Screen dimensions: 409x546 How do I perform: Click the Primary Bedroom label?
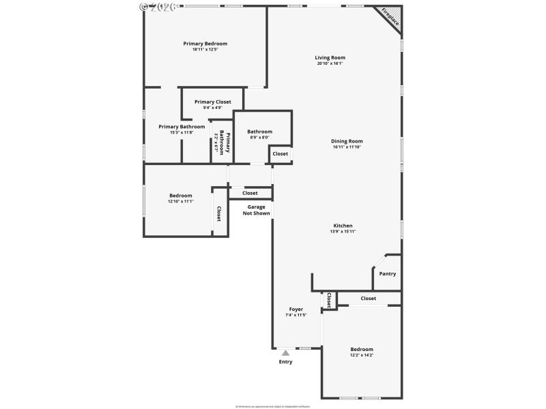click(x=205, y=44)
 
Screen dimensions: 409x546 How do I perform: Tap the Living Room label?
click(x=330, y=57)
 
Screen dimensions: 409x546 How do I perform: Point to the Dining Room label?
click(x=347, y=141)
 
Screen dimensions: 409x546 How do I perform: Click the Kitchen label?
click(x=343, y=226)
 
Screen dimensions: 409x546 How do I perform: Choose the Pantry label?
click(x=387, y=274)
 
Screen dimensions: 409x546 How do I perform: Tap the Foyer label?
click(x=296, y=309)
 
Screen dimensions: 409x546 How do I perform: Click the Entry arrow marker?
click(x=285, y=352)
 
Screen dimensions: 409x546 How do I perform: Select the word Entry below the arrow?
click(x=285, y=362)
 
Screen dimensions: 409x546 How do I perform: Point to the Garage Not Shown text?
click(x=257, y=210)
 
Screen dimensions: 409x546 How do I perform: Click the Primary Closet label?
click(x=212, y=102)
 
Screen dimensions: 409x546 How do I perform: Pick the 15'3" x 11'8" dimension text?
click(x=182, y=132)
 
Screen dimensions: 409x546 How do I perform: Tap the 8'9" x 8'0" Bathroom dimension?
click(x=259, y=138)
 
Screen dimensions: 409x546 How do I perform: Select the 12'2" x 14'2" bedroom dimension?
click(x=362, y=355)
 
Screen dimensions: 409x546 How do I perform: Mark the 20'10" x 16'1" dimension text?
click(x=330, y=63)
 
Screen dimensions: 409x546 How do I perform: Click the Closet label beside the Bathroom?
click(x=281, y=154)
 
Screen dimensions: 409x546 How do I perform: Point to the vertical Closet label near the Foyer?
click(x=329, y=300)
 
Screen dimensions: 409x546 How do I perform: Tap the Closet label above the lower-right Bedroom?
click(x=368, y=298)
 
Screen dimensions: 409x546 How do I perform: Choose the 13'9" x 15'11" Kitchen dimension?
click(x=343, y=232)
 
